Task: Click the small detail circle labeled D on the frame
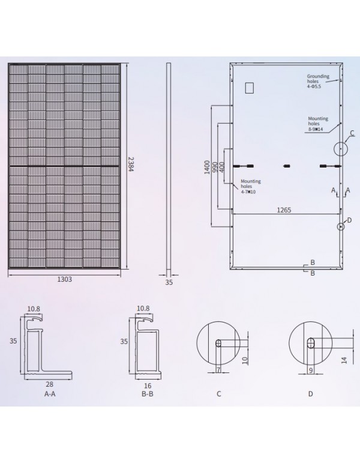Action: (x=340, y=226)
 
